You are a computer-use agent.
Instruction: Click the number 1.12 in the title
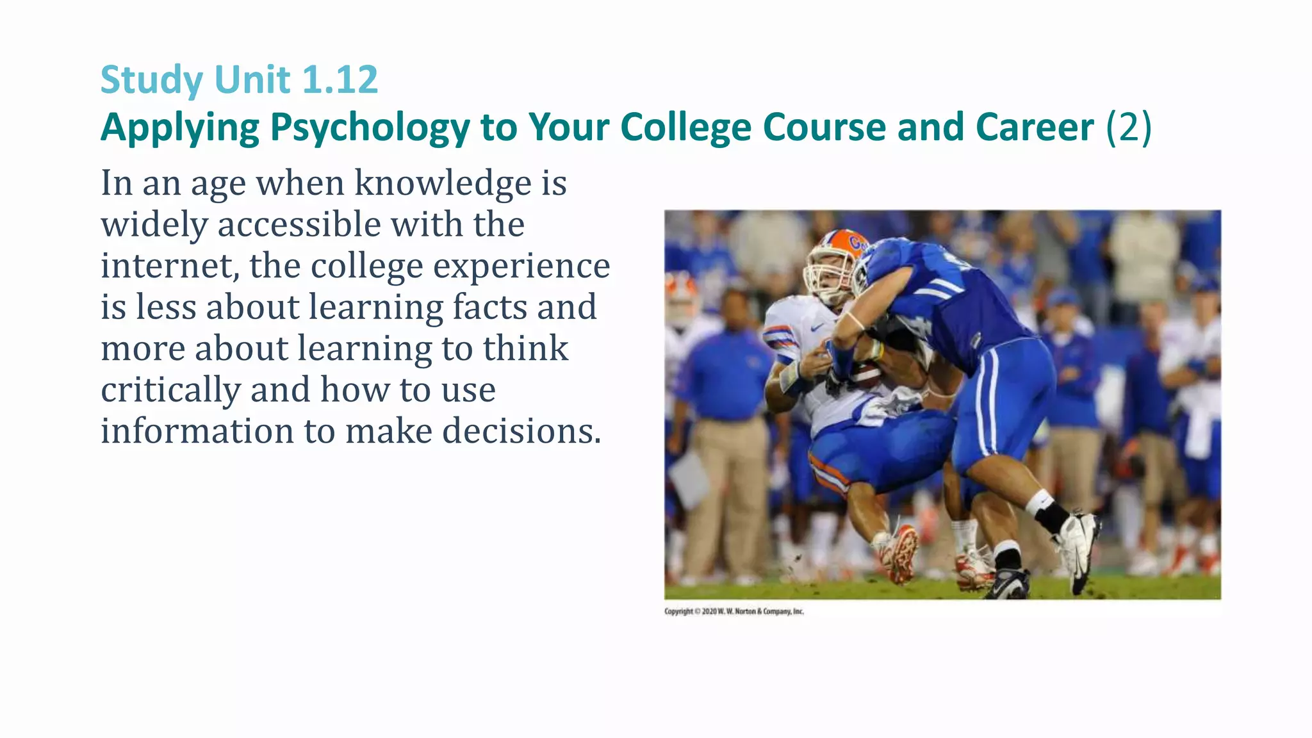(340, 80)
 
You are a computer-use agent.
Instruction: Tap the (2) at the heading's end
(1129, 127)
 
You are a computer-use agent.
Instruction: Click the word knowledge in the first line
(443, 183)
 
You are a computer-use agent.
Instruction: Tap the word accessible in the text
(299, 225)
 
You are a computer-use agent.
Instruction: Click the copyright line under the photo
(734, 611)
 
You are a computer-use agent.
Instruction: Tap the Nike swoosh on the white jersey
(816, 327)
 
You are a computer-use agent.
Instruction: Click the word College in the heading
(686, 127)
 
